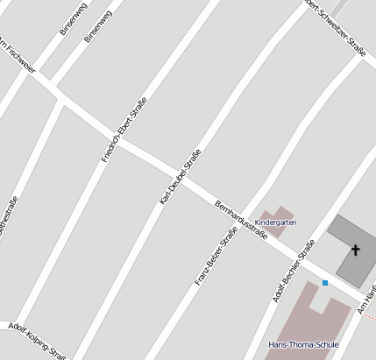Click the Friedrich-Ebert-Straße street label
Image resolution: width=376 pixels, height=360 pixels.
[x=124, y=129]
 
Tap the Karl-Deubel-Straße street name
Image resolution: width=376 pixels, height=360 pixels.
[x=181, y=177]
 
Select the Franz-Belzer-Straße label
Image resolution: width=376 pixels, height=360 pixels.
[x=216, y=258]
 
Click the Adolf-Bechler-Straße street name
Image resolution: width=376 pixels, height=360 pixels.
[x=293, y=272]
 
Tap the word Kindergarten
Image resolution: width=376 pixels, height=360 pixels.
[x=276, y=222]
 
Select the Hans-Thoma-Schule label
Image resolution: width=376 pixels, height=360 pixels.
[x=303, y=344]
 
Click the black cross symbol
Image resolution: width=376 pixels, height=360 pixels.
[x=355, y=251]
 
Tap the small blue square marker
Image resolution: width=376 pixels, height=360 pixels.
[x=324, y=282]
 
